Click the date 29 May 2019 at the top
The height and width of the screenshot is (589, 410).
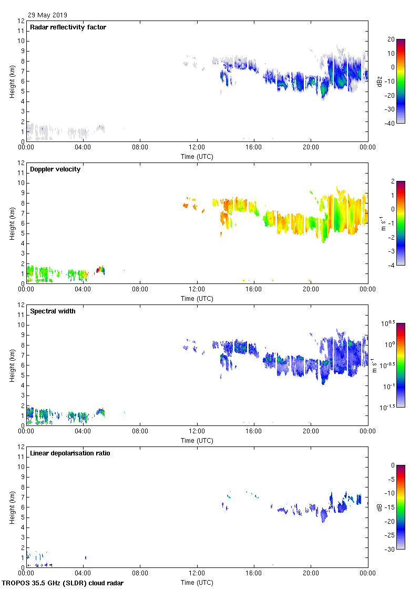pyautogui.click(x=47, y=15)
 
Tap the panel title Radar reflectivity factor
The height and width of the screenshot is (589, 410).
pyautogui.click(x=68, y=27)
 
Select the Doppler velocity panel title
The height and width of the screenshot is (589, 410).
pyautogui.click(x=55, y=169)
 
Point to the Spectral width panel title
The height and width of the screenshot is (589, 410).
pyautogui.click(x=53, y=311)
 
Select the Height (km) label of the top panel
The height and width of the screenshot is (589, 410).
pyautogui.click(x=12, y=81)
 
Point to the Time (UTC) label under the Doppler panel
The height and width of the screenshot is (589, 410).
pyautogui.click(x=197, y=299)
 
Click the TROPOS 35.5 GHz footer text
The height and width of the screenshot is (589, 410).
pyautogui.click(x=63, y=583)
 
